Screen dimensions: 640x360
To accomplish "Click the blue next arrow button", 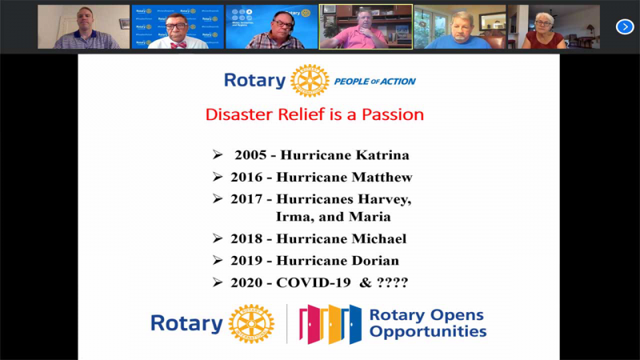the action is pos(625,27).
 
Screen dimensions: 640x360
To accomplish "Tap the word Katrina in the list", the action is pos(382,155).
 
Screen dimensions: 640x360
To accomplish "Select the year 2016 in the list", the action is pos(246,177).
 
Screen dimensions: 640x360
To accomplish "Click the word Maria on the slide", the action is pos(370,217).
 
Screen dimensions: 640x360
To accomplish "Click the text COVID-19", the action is pos(314,282).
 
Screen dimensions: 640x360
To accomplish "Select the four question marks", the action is pos(392,282).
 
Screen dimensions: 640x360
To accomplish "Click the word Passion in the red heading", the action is pos(393,114).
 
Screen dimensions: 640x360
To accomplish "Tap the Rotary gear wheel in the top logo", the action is pos(310,81).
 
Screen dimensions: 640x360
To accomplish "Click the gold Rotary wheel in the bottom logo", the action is pos(251,324).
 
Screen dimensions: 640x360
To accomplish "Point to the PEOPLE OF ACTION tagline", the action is pos(374,82).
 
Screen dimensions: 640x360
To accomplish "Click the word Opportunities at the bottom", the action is pos(428,331).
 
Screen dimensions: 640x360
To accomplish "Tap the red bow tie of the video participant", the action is pos(178,45).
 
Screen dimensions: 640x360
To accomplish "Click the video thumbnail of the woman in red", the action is pos(554,27).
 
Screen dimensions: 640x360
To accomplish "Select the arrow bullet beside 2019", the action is pos(218,261).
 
